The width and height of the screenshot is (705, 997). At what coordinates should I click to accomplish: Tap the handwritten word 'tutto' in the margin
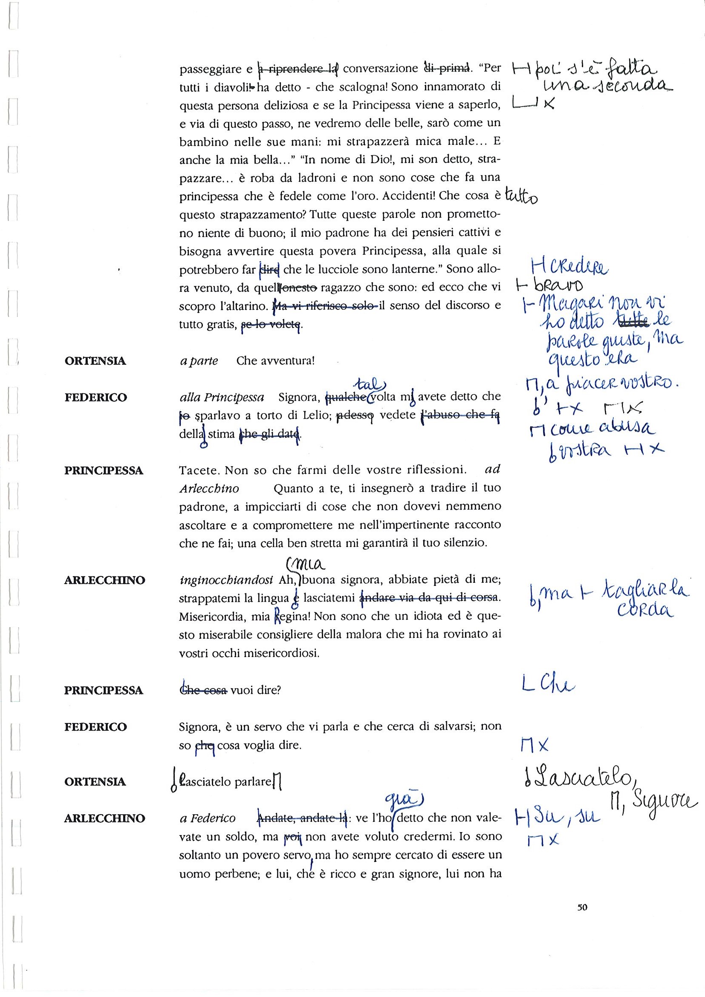(x=522, y=198)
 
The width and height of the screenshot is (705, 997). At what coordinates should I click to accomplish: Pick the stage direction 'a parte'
(x=199, y=361)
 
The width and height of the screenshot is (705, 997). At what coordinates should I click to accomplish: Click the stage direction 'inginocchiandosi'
(x=226, y=580)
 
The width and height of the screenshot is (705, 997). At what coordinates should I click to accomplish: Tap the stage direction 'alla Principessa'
(x=222, y=398)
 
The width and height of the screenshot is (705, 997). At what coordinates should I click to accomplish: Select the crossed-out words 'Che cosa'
(x=203, y=690)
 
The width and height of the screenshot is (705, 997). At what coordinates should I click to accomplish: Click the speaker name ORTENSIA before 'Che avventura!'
(x=95, y=361)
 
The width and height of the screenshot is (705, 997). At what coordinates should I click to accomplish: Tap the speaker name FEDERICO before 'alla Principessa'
(x=95, y=398)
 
